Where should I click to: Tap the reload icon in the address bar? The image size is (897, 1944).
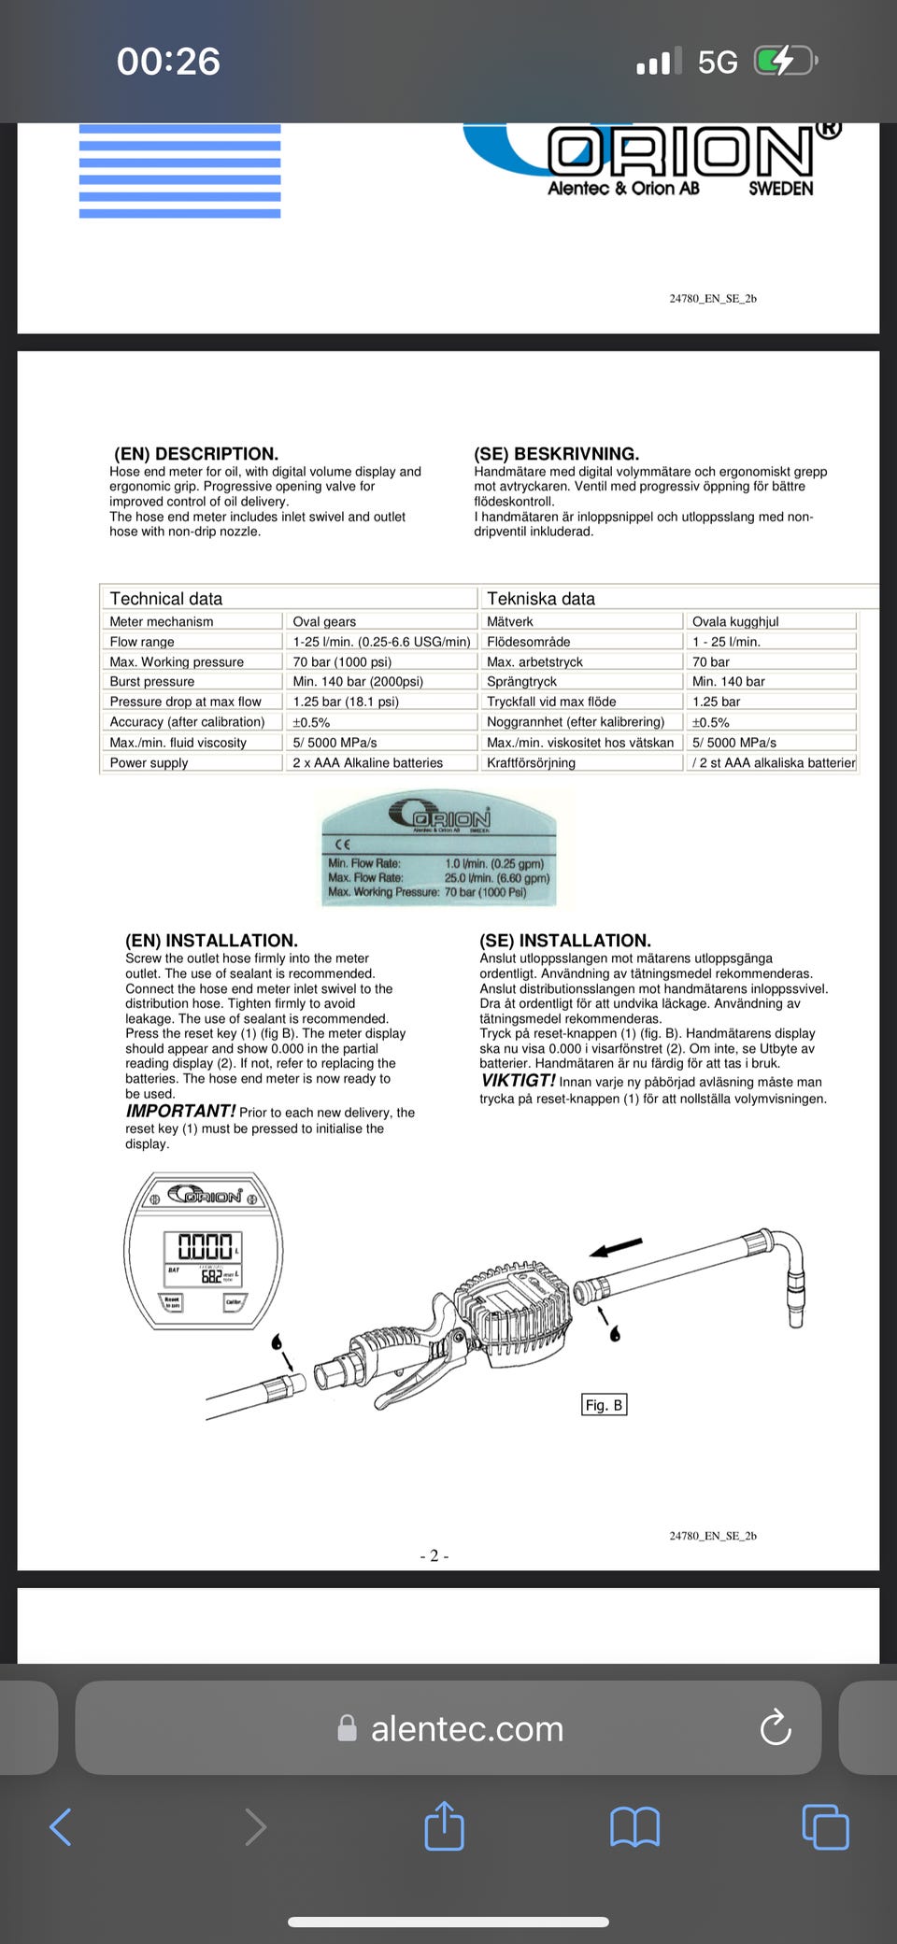(x=776, y=1728)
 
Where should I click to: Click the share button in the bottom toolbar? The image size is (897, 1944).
(x=444, y=1825)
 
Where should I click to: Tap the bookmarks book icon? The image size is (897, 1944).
(x=634, y=1826)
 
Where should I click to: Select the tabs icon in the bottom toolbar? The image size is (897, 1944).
(x=825, y=1826)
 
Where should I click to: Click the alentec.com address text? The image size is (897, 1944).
(x=466, y=1729)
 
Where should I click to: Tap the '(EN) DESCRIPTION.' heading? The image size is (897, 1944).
(x=196, y=454)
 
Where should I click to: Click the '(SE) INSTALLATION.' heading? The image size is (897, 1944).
(x=565, y=941)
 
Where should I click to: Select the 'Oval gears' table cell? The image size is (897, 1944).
(x=324, y=621)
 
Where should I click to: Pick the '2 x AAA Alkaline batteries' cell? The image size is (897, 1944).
(x=367, y=762)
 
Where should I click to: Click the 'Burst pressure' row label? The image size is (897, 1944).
(x=152, y=681)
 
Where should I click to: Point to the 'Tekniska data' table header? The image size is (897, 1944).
(x=541, y=599)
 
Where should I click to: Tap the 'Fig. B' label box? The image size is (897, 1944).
(x=604, y=1405)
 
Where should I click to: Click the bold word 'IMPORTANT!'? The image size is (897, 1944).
(x=180, y=1111)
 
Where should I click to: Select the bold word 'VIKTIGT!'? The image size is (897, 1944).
(x=518, y=1080)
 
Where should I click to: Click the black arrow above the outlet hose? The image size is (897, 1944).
(x=617, y=1247)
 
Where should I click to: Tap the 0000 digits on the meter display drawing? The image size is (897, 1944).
(x=204, y=1246)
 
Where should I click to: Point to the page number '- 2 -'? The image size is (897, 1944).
(x=434, y=1556)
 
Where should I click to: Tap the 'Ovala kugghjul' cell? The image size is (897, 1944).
(x=735, y=621)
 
